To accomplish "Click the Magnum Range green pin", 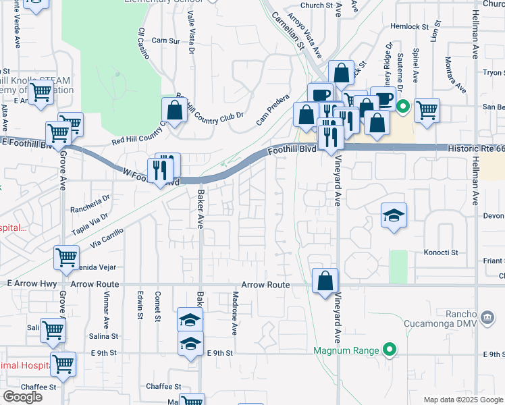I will (x=389, y=350).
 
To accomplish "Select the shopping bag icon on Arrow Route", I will (x=325, y=281).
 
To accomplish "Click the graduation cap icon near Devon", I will (x=394, y=215).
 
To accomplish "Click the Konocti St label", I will (x=441, y=252).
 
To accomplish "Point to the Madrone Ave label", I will (x=236, y=319).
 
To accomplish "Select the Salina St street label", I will (x=104, y=335).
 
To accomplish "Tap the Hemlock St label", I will (x=410, y=27).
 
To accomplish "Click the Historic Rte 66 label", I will (x=475, y=148).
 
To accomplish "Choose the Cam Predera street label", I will (x=273, y=110).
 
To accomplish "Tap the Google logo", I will (x=22, y=397).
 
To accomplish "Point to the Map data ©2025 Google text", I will (x=462, y=400).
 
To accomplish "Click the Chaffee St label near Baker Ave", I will (x=163, y=387).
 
